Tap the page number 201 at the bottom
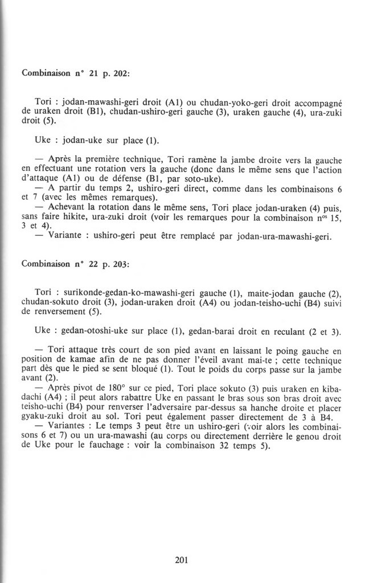[x=181, y=560]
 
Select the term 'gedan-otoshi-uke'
[x=94, y=332]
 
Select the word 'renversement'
[x=58, y=311]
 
